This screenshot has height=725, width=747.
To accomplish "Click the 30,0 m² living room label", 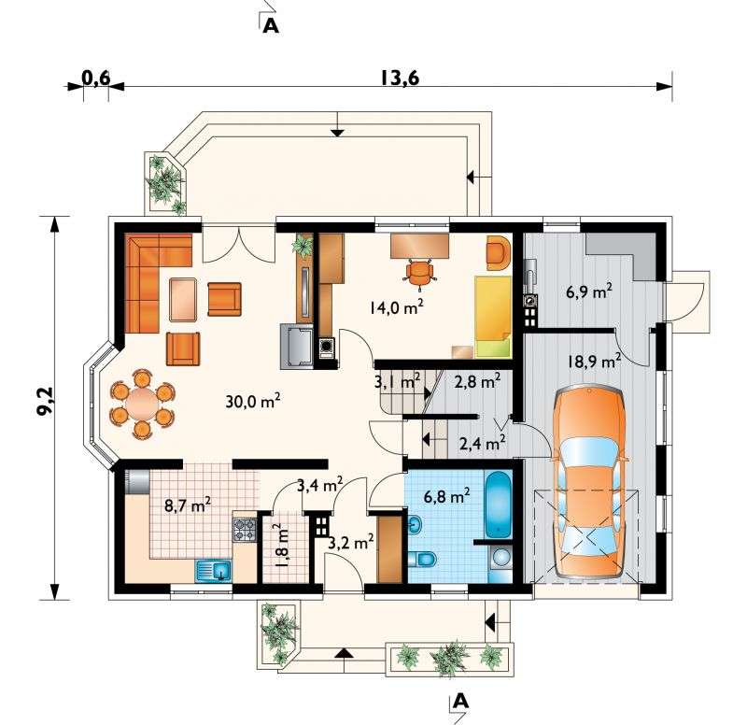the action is coord(252,402).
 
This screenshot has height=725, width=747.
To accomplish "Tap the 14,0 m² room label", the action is coord(396,307).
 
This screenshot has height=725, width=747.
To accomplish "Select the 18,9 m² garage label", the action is coord(594,362).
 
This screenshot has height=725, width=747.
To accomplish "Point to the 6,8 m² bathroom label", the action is coord(447,496).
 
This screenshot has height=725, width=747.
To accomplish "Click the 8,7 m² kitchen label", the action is coord(188,505).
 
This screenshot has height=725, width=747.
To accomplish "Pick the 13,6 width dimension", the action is coord(400,78).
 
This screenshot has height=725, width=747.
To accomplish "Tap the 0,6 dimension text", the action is coord(96,78).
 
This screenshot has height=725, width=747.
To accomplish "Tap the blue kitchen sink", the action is coord(214,571).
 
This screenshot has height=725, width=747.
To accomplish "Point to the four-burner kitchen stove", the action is coord(245,530).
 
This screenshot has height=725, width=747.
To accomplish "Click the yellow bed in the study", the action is coord(493,317).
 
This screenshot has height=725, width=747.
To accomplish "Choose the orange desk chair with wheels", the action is coord(419,273).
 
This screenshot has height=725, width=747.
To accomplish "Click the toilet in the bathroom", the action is coord(423,559).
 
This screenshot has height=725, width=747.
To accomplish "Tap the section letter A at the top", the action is coord(271,26).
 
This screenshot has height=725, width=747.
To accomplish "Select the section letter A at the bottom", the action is coord(460,701).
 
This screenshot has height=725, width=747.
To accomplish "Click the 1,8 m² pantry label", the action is coord(281,545).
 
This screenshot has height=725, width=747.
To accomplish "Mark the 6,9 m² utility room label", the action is coord(589,291).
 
